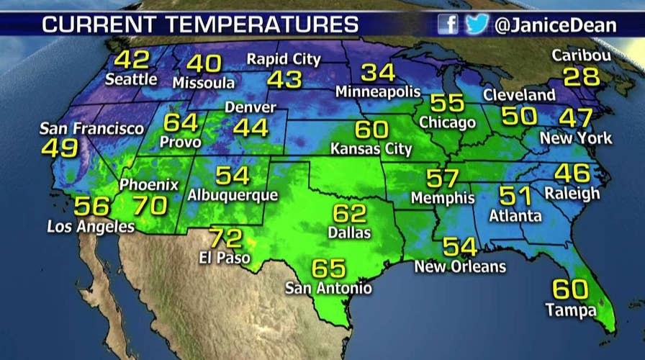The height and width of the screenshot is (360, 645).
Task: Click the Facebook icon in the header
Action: click(x=448, y=24)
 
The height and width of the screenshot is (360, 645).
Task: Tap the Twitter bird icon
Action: click(x=476, y=24)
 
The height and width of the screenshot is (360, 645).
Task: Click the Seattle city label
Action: click(x=131, y=79)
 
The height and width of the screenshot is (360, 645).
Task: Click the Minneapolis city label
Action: click(x=378, y=92)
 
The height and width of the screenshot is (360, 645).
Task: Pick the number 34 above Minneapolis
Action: click(x=378, y=73)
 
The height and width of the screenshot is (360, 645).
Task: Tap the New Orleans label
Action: click(x=460, y=266)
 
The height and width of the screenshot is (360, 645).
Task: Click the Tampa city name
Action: click(x=571, y=311)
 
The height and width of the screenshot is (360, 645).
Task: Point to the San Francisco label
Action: click(x=91, y=129)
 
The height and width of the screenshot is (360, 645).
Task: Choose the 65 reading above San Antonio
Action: click(x=329, y=269)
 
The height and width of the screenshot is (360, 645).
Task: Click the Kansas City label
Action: click(x=371, y=150)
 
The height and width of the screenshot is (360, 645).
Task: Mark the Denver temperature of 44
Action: click(x=251, y=128)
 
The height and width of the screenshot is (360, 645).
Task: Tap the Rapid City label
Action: click(x=283, y=58)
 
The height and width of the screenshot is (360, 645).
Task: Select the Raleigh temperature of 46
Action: click(x=572, y=174)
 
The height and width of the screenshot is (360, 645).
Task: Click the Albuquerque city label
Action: click(x=233, y=194)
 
